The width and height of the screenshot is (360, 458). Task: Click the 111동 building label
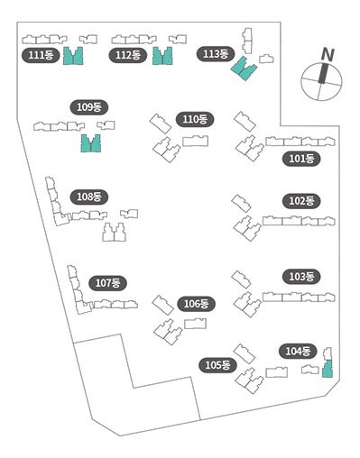pos(41,55)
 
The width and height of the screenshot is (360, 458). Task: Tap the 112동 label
pos(128,55)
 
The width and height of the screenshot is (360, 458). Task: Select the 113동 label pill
pos(216,54)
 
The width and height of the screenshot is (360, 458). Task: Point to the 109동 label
pos(89,107)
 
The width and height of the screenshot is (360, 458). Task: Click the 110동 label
pos(195,120)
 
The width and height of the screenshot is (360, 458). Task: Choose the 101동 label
pos(301,159)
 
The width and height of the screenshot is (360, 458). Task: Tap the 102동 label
pos(301,201)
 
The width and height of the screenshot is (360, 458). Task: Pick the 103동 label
pos(301,277)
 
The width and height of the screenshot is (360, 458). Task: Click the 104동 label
pos(298,351)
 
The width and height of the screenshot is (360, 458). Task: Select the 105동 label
pos(217,365)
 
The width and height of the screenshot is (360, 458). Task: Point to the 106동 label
pos(196,304)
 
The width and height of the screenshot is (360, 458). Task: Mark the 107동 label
pos(107,283)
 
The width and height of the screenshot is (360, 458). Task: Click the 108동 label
pos(89,197)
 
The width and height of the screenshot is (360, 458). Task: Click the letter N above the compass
pos(328,55)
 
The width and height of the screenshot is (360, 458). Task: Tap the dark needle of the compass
pos(323,73)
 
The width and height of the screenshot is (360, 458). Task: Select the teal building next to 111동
pos(73,57)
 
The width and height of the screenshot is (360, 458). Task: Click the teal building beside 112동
pos(162,57)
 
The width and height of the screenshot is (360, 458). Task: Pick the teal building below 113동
pos(243,69)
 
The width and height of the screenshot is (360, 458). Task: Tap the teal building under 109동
pos(91,144)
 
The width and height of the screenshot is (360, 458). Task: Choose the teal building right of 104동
pos(328,369)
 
